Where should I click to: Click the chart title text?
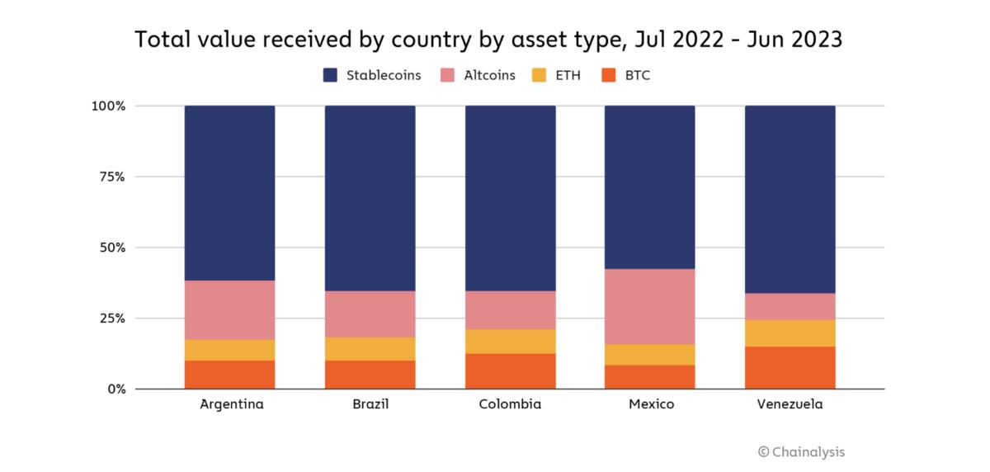(x=488, y=40)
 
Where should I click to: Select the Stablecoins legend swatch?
(x=330, y=76)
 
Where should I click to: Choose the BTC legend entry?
(x=629, y=76)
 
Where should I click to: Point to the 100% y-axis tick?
(x=108, y=106)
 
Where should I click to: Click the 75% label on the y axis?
(x=111, y=177)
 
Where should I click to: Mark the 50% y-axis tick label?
(x=111, y=248)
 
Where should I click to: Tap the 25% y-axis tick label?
(x=111, y=318)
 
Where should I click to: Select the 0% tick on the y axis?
(x=115, y=389)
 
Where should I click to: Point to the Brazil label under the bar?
(x=370, y=405)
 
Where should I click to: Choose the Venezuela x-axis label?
(x=790, y=405)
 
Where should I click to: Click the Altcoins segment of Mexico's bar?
(x=649, y=306)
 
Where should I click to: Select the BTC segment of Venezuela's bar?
(x=790, y=367)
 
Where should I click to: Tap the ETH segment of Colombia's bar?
(x=510, y=341)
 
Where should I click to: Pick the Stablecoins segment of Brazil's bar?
(x=370, y=198)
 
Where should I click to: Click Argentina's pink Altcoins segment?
(x=230, y=309)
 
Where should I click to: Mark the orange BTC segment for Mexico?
(x=649, y=376)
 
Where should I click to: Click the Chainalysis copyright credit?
(x=801, y=451)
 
